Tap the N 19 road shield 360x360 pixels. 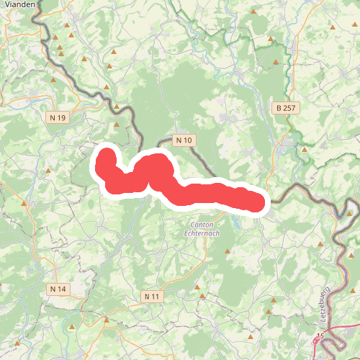[58, 117]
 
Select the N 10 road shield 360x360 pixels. [184, 140]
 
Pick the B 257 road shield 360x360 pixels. [287, 108]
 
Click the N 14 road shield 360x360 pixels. [58, 289]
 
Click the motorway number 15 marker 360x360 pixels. [320, 336]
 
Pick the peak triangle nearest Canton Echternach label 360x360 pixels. [228, 251]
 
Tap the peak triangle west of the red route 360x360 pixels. [48, 171]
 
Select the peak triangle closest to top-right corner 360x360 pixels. [332, 27]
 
